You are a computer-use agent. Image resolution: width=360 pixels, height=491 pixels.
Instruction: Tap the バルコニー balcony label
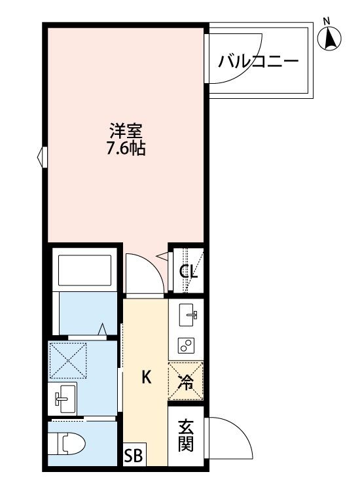(259, 63)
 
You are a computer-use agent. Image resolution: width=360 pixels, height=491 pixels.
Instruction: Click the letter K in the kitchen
(147, 377)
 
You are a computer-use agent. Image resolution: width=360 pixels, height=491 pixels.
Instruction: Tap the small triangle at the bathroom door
(103, 329)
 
